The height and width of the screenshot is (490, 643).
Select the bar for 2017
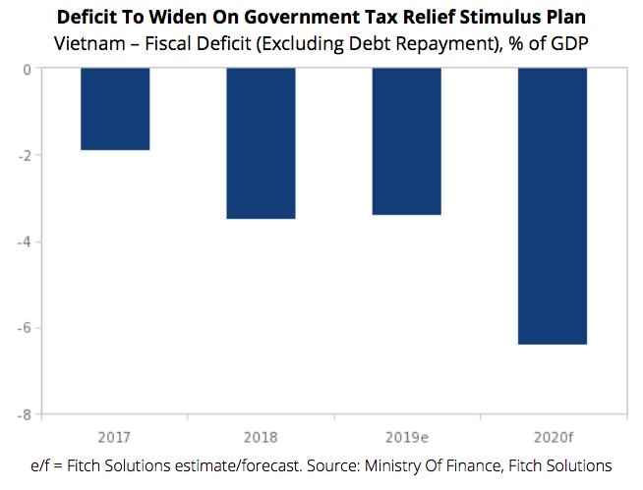click(x=115, y=109)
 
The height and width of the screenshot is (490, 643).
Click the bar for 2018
click(x=261, y=143)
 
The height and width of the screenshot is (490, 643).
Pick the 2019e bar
click(x=406, y=141)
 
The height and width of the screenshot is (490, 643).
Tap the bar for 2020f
click(x=553, y=206)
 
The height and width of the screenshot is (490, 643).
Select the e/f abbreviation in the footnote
click(x=48, y=464)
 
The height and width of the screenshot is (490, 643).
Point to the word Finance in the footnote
click(x=465, y=464)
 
